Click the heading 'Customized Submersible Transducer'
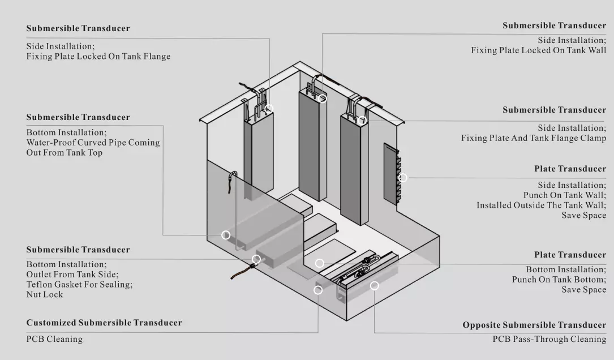pyautogui.click(x=104, y=323)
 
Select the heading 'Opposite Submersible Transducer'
pyautogui.click(x=534, y=325)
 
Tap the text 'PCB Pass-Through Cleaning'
pyautogui.click(x=549, y=339)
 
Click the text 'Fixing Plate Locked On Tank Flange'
pyautogui.click(x=98, y=57)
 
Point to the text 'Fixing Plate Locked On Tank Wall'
pyautogui.click(x=538, y=50)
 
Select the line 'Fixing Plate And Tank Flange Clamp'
pyautogui.click(x=533, y=138)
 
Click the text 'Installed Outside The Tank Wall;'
pyautogui.click(x=541, y=205)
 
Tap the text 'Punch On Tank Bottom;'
pyautogui.click(x=559, y=280)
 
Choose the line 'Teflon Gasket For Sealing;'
pyautogui.click(x=79, y=284)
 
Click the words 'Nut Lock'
pyautogui.click(x=45, y=294)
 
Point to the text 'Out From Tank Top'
pyautogui.click(x=64, y=153)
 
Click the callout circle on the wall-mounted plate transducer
pyautogui.click(x=403, y=178)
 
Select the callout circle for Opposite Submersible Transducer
pyautogui.click(x=374, y=286)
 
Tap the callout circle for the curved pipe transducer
pyautogui.click(x=226, y=235)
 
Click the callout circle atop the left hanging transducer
pyautogui.click(x=269, y=108)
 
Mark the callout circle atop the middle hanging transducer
pyautogui.click(x=323, y=98)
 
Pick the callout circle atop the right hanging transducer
pyautogui.click(x=362, y=120)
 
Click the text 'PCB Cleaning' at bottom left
pyautogui.click(x=54, y=339)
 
